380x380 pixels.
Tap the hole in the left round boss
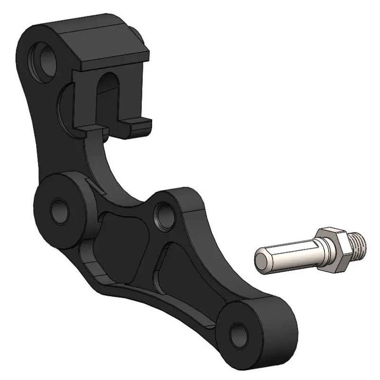coord(60,208)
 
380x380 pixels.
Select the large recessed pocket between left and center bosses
coord(121,242)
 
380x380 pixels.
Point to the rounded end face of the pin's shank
coord(261,260)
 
